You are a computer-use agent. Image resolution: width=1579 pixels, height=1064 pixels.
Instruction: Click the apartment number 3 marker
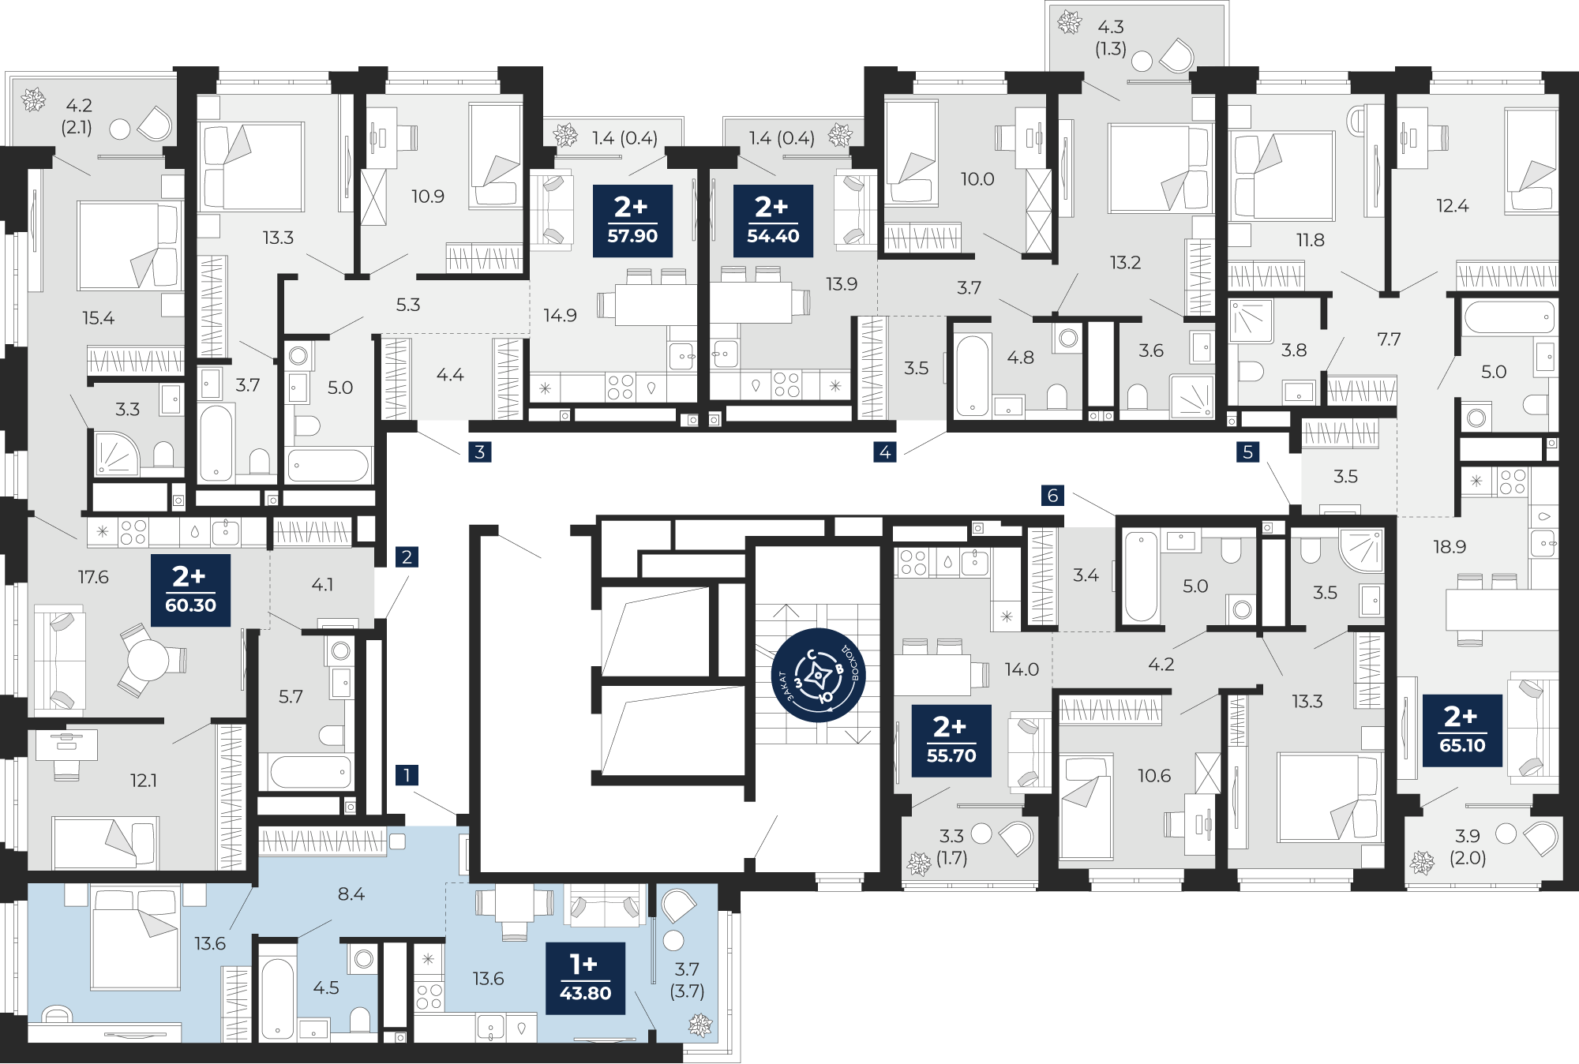pos(480,451)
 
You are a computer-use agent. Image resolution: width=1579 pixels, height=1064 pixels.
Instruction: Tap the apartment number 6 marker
pos(1052,495)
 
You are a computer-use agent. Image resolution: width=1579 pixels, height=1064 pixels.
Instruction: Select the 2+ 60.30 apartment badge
pos(190,590)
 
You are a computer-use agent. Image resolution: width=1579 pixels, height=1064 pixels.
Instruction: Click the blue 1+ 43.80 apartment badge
pos(585,978)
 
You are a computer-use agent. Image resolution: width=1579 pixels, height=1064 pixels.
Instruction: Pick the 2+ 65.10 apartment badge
pos(1462,730)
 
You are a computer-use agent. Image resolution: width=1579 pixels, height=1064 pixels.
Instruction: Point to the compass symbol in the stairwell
pos(819,676)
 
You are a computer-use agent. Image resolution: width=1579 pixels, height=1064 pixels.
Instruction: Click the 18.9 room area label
pos(1450,546)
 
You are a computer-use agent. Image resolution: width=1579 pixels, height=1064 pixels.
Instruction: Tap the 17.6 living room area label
pos(93,577)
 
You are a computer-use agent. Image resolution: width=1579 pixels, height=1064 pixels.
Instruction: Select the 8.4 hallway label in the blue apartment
pos(351,894)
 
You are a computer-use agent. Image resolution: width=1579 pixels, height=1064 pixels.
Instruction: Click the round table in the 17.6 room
pos(148,660)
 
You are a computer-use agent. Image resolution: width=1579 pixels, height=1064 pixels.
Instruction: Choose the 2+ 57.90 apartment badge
pos(632,221)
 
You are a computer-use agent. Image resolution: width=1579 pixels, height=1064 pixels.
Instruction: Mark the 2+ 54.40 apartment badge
pos(773,221)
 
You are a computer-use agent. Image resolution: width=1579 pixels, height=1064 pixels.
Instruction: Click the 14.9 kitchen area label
pos(560,315)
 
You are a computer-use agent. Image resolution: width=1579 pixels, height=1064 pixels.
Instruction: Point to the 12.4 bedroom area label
pos(1452,206)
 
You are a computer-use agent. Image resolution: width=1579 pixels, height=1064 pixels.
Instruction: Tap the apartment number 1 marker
pos(407,774)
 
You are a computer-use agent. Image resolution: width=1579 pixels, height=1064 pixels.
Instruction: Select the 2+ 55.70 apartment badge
pos(951,740)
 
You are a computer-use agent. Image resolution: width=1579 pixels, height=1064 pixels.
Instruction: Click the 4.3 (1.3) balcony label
pos(1111,38)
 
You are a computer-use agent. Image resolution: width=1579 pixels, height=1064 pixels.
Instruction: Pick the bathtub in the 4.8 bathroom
pos(973,375)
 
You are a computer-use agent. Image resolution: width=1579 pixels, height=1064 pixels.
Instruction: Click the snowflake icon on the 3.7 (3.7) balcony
pos(700,1025)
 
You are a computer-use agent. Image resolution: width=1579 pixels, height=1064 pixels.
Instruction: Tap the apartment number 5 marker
pos(1247,451)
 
